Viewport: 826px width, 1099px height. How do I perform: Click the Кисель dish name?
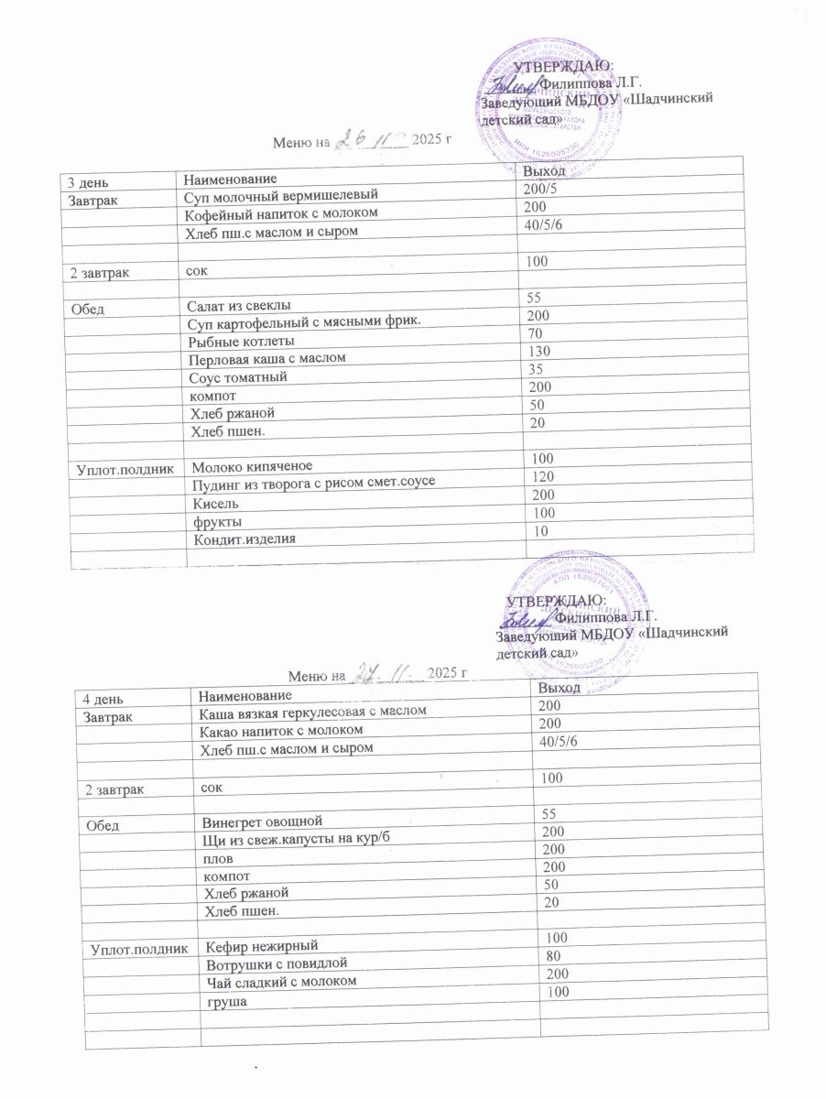coord(216,504)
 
